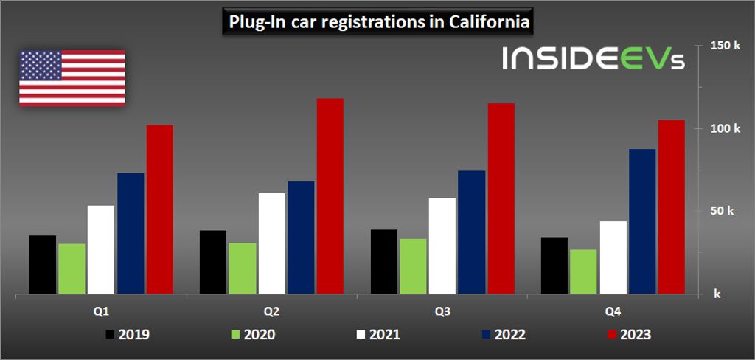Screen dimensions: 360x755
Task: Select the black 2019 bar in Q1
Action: pos(43,265)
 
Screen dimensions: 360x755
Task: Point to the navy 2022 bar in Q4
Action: pos(641,221)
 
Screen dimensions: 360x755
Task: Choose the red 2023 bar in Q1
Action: pos(159,210)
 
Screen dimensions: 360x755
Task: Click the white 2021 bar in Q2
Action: pos(272,243)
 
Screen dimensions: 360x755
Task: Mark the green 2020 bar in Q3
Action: pos(413,266)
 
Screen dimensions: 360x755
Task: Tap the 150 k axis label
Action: pos(725,46)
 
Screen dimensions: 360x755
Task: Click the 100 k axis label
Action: pos(725,129)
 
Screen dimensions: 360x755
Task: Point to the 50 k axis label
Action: pos(722,211)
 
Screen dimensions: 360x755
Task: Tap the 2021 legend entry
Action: pos(377,335)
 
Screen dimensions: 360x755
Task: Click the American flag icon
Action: pos(72,77)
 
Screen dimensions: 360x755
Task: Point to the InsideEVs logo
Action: pos(594,60)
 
